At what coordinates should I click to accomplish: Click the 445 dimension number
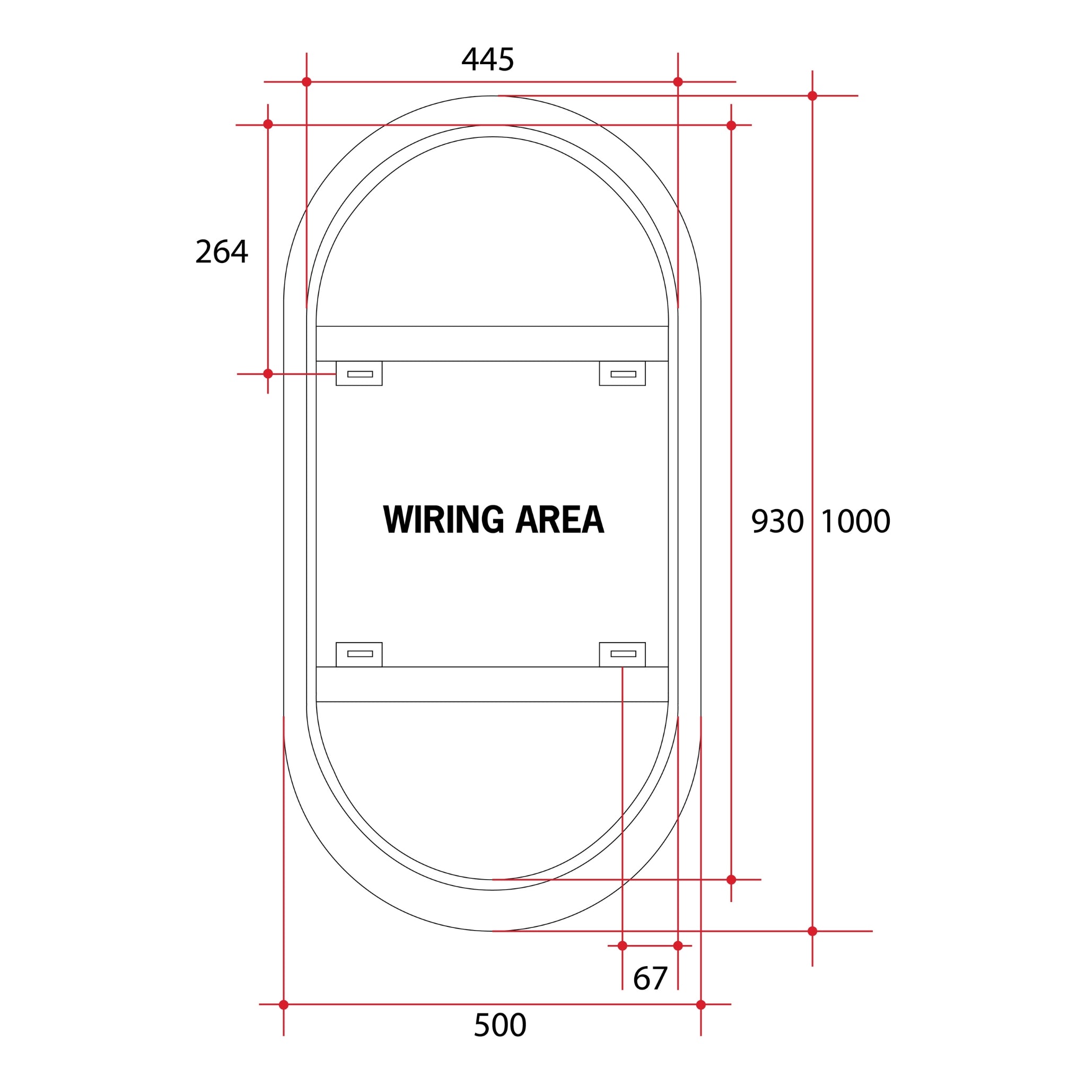(487, 59)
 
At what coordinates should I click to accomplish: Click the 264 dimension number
(222, 252)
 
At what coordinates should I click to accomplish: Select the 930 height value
(777, 521)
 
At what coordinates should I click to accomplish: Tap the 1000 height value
(855, 521)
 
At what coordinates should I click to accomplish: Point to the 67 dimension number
(650, 979)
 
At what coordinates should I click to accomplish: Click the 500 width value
(500, 1026)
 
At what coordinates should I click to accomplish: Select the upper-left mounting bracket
(359, 373)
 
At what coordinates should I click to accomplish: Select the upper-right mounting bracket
(622, 373)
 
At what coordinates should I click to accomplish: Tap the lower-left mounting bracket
(359, 654)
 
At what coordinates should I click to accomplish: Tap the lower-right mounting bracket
(622, 654)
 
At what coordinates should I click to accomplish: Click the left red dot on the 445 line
(306, 82)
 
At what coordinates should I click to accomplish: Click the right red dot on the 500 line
(700, 1004)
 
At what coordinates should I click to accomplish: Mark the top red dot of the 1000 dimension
(812, 96)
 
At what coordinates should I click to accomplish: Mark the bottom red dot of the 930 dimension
(731, 880)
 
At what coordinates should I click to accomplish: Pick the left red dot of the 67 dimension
(622, 946)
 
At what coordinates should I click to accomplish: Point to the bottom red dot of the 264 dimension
(268, 374)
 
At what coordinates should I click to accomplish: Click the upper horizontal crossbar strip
(492, 344)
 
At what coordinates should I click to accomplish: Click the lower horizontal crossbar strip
(492, 684)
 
